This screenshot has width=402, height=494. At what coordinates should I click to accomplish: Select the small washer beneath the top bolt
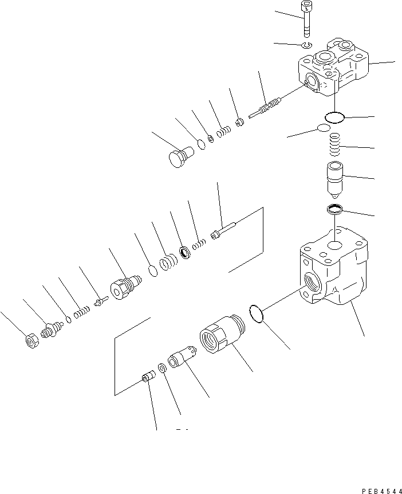click(x=308, y=45)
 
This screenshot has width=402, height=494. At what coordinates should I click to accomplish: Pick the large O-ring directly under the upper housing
click(x=333, y=117)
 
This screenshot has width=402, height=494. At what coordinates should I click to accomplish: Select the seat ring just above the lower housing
click(x=334, y=210)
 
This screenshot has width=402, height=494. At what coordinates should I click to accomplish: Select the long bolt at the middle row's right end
click(x=224, y=232)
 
